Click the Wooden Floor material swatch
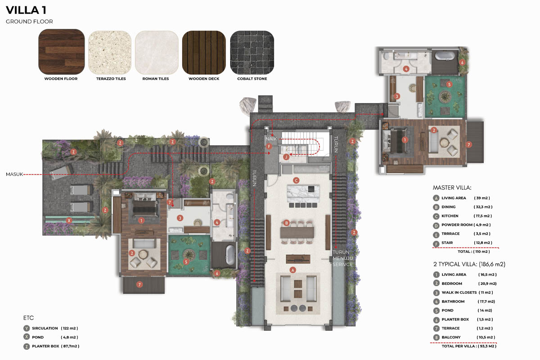[62, 52]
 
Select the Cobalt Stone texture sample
[252, 52]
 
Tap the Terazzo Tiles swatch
[110, 52]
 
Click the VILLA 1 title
[26, 10]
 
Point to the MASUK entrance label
[14, 174]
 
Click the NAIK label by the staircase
[271, 139]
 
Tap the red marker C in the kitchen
[296, 180]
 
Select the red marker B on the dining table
[286, 223]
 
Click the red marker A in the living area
[292, 270]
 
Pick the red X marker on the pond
[69, 220]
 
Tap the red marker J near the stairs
[286, 157]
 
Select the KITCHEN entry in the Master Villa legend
[450, 216]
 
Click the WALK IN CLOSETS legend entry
[459, 292]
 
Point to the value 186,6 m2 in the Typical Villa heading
[492, 264]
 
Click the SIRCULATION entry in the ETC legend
[45, 328]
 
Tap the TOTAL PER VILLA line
[469, 346]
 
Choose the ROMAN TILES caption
[156, 79]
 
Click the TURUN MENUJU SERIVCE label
[342, 258]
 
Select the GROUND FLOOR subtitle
[29, 22]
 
